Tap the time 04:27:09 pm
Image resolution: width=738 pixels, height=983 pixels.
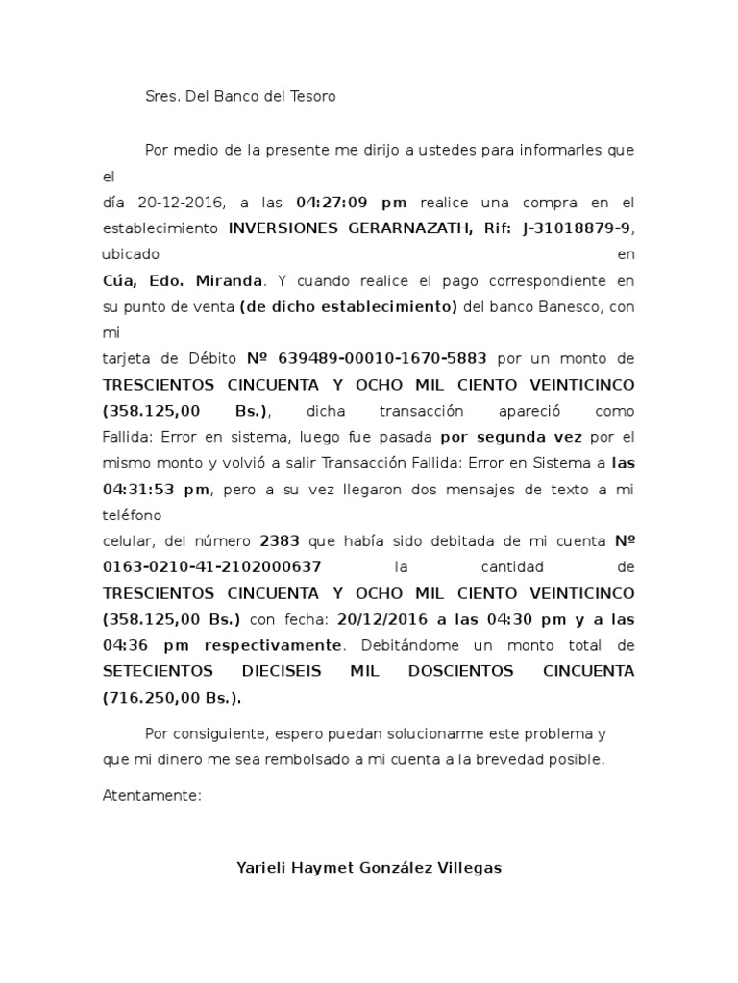[352, 203]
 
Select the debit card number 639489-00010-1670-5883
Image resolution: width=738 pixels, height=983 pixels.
[382, 359]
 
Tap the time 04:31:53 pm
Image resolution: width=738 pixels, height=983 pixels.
[156, 489]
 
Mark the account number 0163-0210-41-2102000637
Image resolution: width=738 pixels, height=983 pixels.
[212, 566]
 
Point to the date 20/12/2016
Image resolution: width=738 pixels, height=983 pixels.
[380, 618]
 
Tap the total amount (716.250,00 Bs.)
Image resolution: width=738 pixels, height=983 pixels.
[172, 697]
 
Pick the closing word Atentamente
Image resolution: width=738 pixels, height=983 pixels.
[152, 796]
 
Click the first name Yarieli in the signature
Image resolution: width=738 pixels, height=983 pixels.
[260, 868]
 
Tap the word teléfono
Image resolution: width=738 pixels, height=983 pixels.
[132, 515]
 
